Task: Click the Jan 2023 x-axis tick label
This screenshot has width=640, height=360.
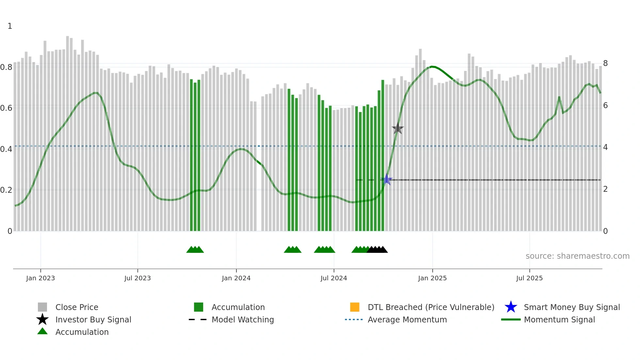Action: (x=40, y=278)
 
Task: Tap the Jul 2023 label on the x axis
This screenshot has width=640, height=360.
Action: (x=137, y=278)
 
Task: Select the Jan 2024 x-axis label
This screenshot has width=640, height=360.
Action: (x=236, y=278)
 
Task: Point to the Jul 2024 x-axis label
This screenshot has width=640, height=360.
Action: (x=334, y=278)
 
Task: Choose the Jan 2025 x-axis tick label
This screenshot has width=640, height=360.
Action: (x=432, y=278)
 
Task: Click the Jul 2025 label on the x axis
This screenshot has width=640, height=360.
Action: (x=529, y=278)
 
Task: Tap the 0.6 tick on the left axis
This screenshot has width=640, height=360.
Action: (x=6, y=108)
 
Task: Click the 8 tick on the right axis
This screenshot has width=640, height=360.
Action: (x=605, y=63)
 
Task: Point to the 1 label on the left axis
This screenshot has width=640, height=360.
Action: (x=10, y=26)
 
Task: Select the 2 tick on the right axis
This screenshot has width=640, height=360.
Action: (x=605, y=189)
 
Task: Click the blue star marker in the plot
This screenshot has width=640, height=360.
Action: (x=387, y=179)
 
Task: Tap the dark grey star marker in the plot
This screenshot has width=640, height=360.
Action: (x=398, y=129)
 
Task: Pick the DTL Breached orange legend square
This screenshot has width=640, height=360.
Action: (x=355, y=307)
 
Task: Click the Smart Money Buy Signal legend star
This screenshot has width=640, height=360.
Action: (x=511, y=307)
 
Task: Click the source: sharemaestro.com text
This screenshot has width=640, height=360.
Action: (x=577, y=256)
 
